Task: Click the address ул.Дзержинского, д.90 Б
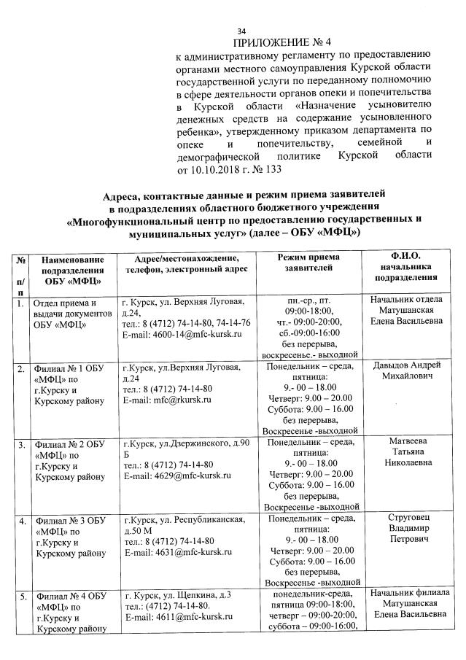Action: pos(188,448)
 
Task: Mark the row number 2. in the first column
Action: pos(22,369)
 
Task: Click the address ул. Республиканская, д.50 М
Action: pos(189,524)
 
